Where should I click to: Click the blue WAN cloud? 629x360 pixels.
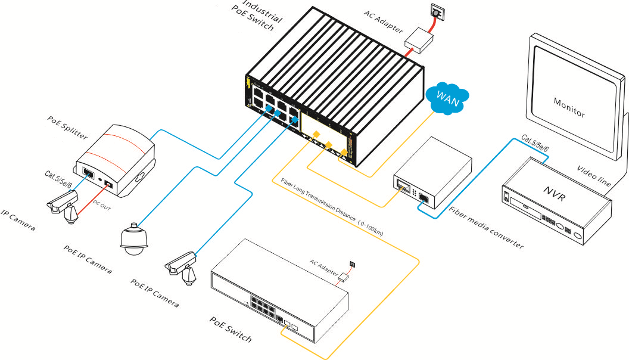[x=448, y=98]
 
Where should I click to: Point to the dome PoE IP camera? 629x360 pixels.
[x=132, y=240]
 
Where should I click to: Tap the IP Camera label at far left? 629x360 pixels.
[x=17, y=221]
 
